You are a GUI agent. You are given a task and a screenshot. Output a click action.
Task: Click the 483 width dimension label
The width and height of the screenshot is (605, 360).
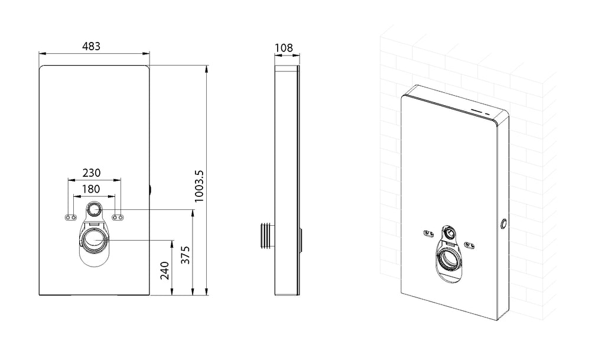[92, 46]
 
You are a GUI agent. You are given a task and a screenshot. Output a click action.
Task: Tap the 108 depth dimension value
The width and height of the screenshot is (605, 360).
[284, 48]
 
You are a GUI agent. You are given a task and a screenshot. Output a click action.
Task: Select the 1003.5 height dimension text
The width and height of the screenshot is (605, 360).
[199, 186]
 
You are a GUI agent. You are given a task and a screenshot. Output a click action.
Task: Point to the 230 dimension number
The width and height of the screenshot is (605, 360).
[92, 173]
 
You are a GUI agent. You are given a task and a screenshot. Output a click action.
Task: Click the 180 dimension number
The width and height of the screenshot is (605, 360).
[91, 189]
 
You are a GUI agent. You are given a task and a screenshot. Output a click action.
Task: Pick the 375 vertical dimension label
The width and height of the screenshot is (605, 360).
[186, 255]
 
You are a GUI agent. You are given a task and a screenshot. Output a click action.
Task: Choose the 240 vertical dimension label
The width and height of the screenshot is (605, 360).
[165, 271]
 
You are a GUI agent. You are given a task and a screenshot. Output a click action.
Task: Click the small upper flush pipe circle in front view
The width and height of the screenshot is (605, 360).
[93, 210]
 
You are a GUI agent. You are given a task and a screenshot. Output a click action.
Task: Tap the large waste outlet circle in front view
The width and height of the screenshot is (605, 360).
[95, 240]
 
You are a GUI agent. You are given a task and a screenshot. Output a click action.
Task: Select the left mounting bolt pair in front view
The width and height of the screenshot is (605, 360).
[71, 218]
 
